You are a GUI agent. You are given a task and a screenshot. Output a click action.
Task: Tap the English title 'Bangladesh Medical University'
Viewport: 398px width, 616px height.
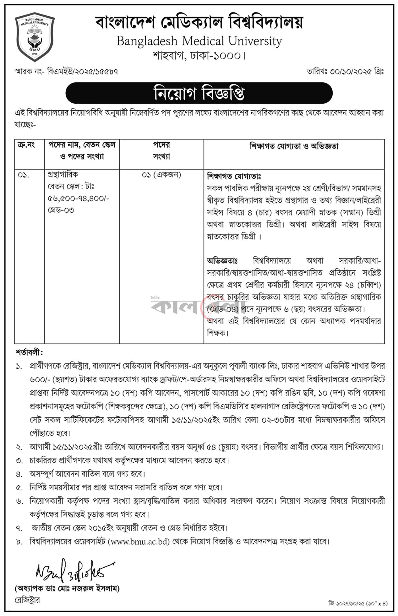tap(199, 42)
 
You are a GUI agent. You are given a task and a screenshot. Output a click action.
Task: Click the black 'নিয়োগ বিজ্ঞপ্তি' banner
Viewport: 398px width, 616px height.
tap(199, 93)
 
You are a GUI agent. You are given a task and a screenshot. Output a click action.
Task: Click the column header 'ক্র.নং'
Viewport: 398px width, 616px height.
tap(26, 145)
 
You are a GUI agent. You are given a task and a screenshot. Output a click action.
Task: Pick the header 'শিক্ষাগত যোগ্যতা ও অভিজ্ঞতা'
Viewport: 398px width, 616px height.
tap(294, 146)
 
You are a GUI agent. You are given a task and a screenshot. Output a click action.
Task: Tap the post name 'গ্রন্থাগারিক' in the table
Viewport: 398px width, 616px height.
tap(63, 174)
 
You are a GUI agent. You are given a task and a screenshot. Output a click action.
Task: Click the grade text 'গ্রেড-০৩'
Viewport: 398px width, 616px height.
tap(61, 210)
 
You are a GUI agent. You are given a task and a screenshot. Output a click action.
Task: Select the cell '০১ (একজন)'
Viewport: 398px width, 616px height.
tap(161, 175)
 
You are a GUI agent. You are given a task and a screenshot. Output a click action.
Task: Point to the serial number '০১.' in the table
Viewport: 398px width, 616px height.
tap(23, 175)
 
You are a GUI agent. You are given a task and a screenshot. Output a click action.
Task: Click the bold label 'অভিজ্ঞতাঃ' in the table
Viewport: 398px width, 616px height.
tap(222, 261)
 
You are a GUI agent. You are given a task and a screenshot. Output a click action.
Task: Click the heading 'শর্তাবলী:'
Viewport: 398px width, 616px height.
tap(29, 353)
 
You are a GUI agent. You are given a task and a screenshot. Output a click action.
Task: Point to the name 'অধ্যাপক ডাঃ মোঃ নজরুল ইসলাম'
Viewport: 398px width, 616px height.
tap(67, 588)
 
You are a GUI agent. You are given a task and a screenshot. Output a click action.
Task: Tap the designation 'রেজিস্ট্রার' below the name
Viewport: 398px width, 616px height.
tap(27, 600)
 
